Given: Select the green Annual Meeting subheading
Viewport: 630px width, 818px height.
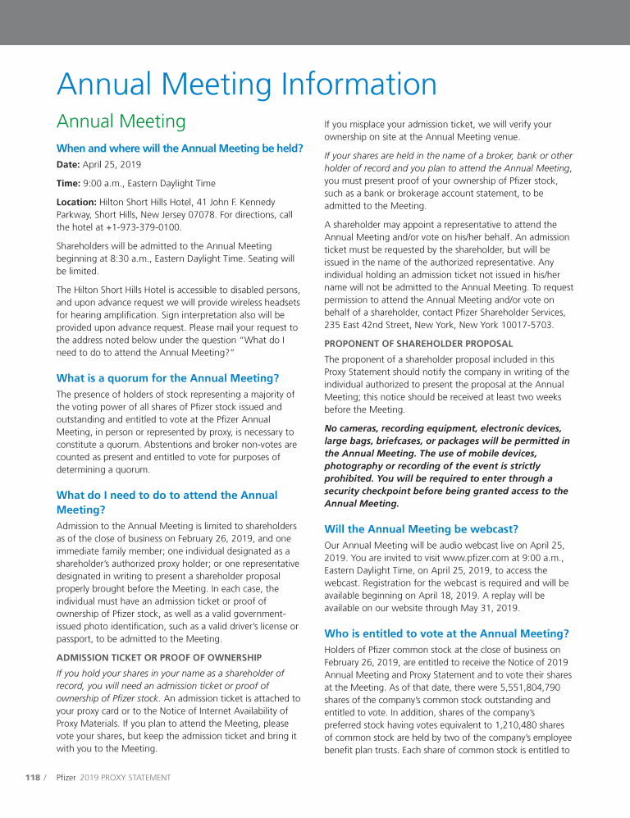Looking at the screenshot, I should point(121,122).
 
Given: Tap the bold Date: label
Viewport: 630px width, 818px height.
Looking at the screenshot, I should point(69,165).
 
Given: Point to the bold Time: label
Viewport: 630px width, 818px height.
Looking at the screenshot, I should point(69,183).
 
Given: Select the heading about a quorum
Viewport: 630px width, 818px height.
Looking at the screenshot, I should point(167,378).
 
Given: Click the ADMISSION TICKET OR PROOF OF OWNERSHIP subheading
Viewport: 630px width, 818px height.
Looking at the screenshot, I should point(158,657).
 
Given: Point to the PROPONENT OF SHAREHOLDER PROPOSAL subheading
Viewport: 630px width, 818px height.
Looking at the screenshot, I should point(418,344).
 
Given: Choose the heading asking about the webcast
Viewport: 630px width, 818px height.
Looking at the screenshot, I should point(422,528).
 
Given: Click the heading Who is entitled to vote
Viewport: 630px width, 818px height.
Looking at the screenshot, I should point(446,633).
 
